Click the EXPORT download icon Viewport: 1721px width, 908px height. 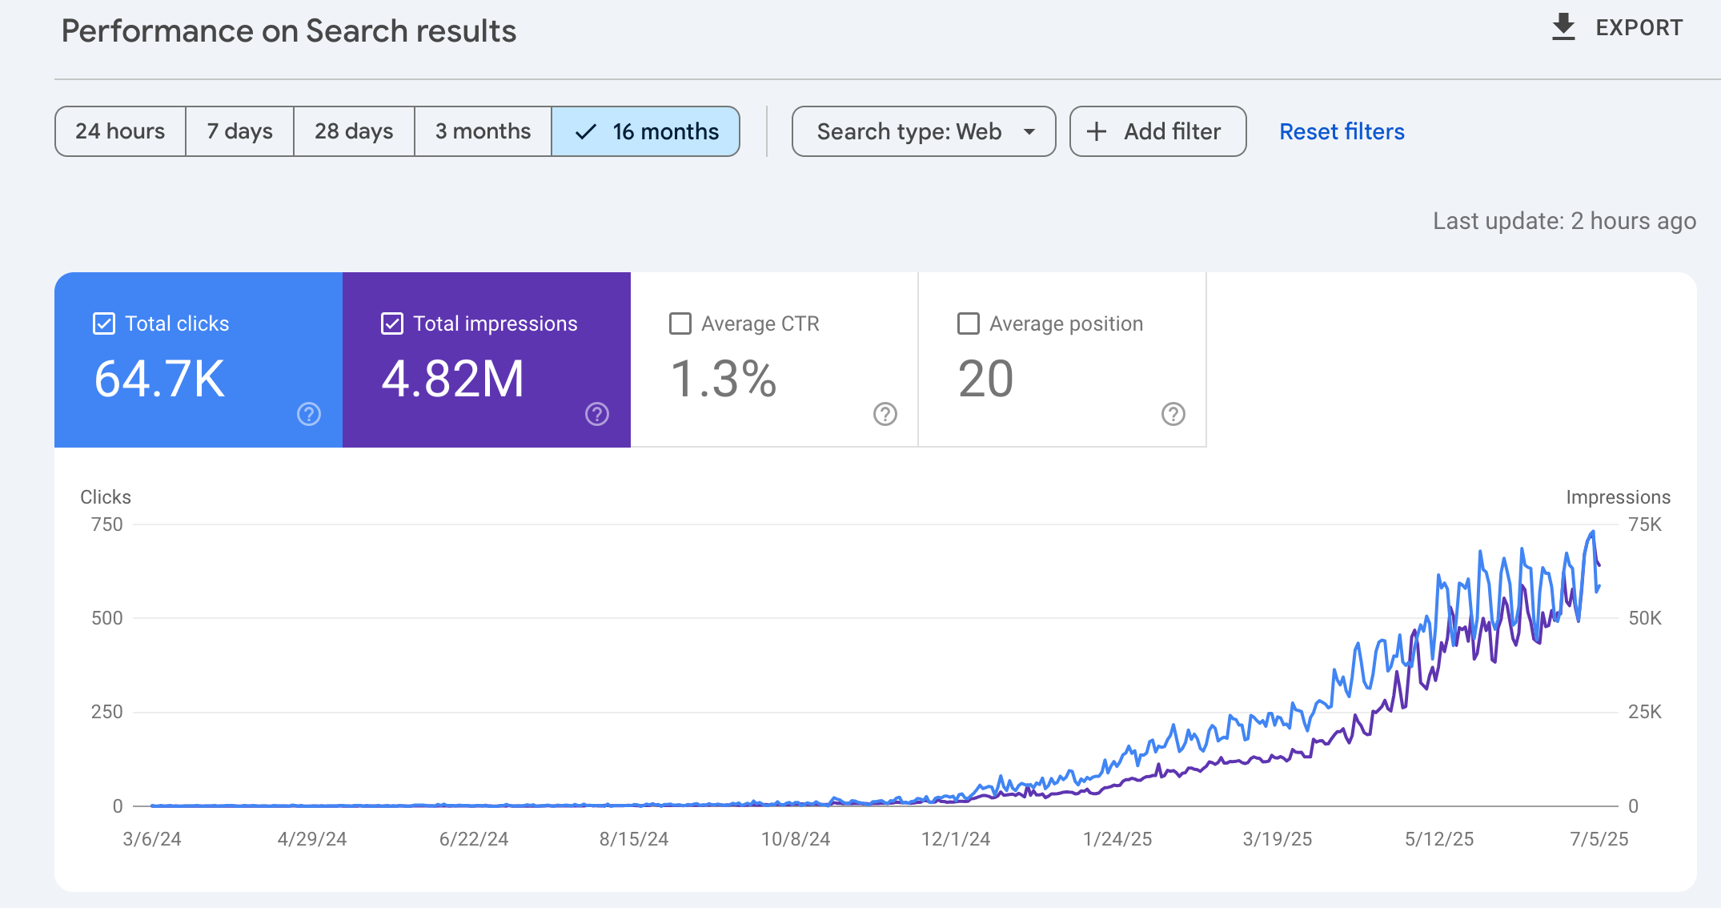1563,27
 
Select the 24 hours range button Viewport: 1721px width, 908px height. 120,131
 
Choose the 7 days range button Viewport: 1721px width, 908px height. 239,131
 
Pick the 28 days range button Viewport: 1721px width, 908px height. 354,131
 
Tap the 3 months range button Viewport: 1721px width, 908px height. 483,131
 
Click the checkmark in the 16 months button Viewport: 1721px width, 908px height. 586,132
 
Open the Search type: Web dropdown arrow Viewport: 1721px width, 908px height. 1029,132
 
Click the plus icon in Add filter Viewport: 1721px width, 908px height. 1097,131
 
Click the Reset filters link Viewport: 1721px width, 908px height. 1342,131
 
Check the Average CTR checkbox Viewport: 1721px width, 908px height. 680,323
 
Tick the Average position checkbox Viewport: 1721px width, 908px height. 969,323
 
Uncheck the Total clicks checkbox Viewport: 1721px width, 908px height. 104,323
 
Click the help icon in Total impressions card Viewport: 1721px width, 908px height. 597,414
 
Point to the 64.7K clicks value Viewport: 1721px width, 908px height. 159,379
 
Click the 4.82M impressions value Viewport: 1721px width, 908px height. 452,379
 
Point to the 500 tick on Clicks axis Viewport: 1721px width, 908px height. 106,618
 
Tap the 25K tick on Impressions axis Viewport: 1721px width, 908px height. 1645,712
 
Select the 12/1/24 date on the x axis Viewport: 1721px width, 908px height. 956,839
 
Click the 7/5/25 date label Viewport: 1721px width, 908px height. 1599,839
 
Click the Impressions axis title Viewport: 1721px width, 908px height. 1618,497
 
